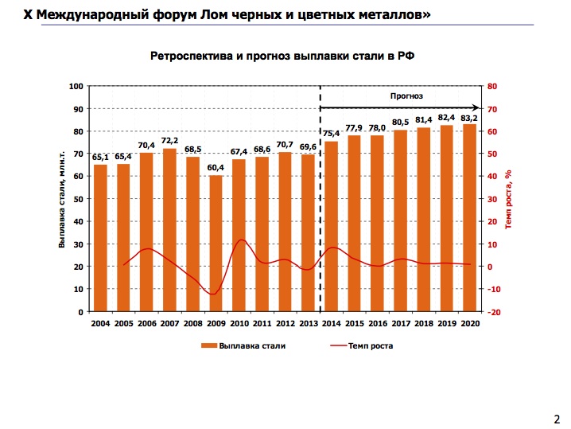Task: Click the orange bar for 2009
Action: click(216, 243)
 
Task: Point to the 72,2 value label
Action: click(169, 141)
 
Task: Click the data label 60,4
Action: click(216, 167)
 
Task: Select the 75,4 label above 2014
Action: click(331, 134)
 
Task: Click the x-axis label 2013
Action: click(308, 324)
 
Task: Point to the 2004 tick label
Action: click(100, 324)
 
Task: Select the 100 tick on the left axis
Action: click(76, 86)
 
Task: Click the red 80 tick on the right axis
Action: click(491, 86)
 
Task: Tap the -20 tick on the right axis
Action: click(493, 312)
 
